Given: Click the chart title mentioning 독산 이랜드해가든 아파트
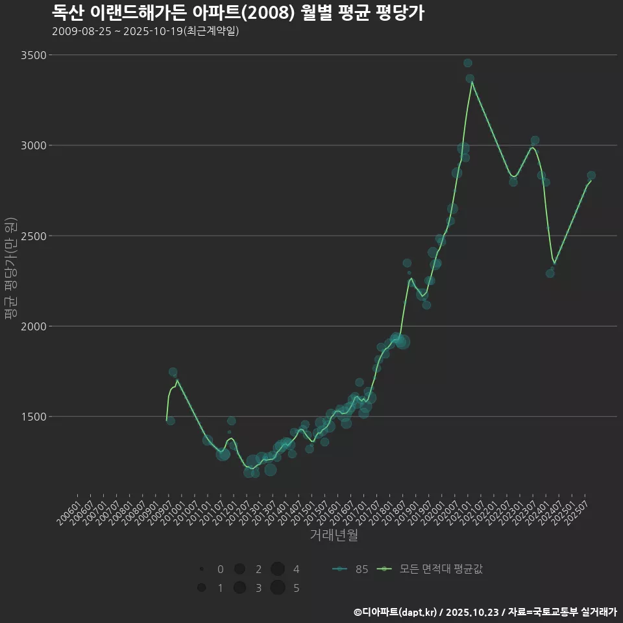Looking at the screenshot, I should point(238,12).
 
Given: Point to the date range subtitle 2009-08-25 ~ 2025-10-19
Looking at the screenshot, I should point(145,31).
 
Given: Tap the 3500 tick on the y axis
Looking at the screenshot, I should point(32,55).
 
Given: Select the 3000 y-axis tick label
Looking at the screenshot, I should point(32,145).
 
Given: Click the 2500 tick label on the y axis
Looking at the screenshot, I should point(32,236).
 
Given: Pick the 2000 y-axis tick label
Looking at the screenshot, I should point(32,326).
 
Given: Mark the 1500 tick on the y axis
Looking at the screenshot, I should point(32,417).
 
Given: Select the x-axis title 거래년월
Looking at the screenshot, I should point(334,535).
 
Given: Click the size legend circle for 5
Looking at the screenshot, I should point(278,588).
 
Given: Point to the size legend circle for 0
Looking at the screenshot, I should point(202,569).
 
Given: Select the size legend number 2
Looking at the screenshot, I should point(258,569).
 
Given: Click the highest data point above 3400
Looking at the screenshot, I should point(467,63).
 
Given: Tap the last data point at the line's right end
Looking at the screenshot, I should point(591,176).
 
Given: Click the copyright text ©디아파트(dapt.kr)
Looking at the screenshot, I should point(397,612).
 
